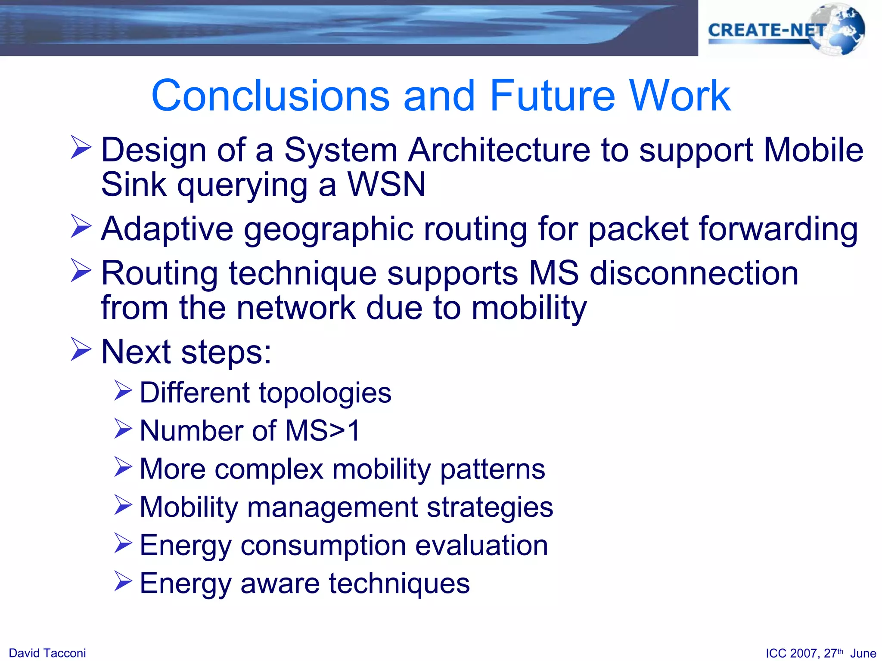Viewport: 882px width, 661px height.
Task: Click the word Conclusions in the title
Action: point(270,96)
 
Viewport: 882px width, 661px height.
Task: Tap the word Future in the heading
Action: point(553,96)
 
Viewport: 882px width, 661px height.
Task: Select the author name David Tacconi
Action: point(47,653)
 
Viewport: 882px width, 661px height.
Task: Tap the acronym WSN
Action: point(386,184)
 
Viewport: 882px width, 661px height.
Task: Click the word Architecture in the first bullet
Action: point(499,150)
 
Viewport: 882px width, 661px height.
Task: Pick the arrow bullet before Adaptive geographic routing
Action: point(81,226)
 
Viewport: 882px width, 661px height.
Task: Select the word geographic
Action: point(328,229)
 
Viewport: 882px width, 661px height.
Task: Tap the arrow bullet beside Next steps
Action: point(81,349)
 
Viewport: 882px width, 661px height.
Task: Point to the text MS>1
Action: point(323,430)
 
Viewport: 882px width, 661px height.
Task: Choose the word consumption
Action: point(323,546)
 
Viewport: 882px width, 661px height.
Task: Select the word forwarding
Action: point(778,229)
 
